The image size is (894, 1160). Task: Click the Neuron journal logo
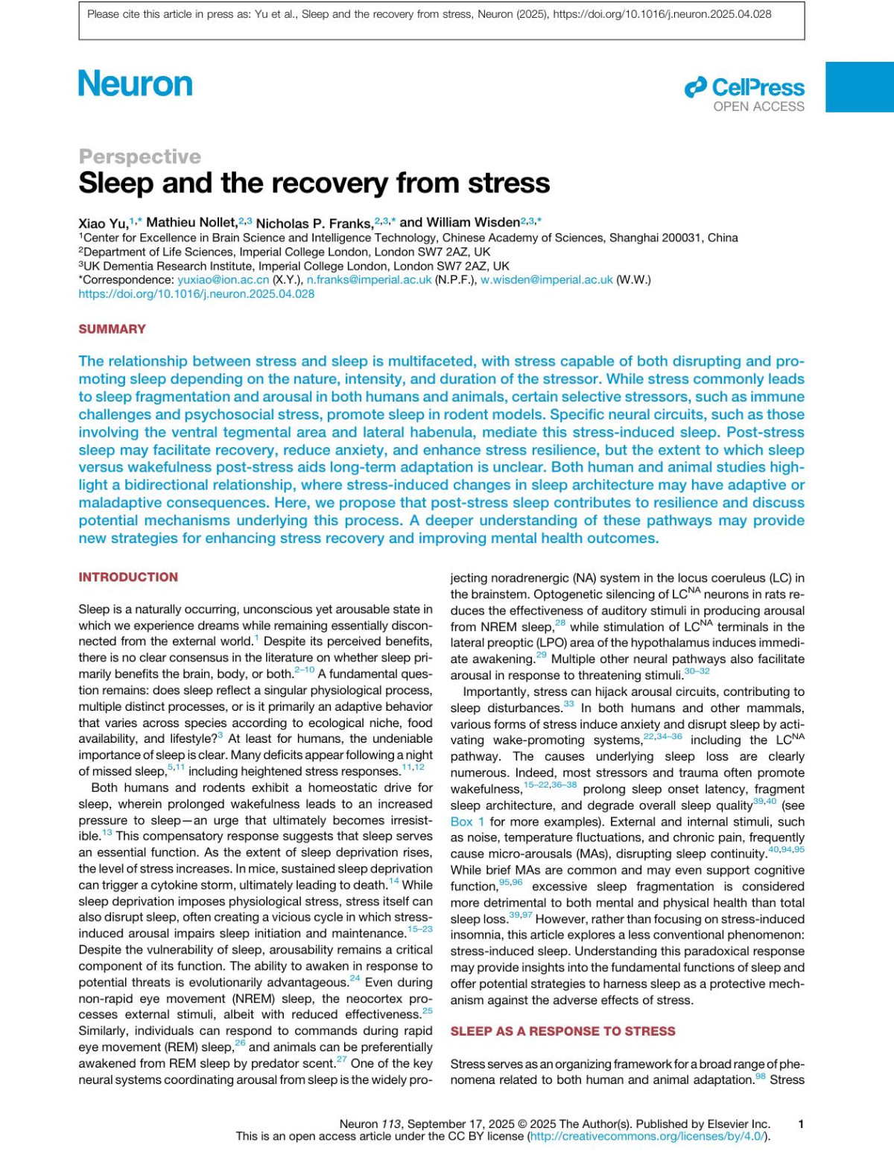[136, 84]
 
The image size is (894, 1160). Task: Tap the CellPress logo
[744, 88]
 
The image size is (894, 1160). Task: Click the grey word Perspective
[140, 156]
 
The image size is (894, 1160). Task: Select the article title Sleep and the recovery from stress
[314, 183]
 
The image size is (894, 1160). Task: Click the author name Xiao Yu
[103, 224]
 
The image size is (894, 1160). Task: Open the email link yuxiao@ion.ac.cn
[223, 280]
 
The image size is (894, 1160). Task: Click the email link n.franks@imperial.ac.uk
[369, 280]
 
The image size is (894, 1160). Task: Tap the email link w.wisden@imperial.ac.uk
[546, 280]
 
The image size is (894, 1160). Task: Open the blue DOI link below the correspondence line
[197, 294]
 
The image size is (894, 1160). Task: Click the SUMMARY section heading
[112, 329]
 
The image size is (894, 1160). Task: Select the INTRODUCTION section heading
[128, 577]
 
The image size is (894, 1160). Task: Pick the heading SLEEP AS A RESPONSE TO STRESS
[562, 1032]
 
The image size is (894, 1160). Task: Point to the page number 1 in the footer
[801, 1124]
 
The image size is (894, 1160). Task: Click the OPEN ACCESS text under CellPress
[758, 107]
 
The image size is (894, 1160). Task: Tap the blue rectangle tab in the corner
[859, 86]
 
